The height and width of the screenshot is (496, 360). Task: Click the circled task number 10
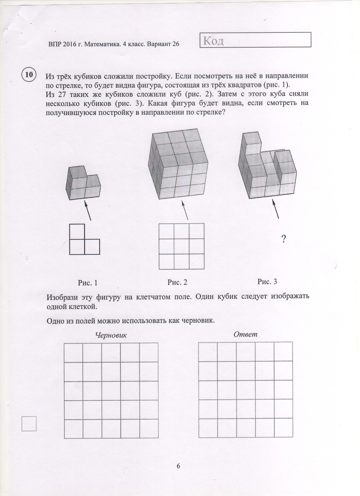click(29, 75)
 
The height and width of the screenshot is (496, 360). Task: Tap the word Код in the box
click(214, 41)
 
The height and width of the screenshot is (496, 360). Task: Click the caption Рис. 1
click(88, 283)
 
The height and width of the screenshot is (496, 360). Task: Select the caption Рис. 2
click(177, 282)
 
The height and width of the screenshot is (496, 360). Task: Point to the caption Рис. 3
click(267, 281)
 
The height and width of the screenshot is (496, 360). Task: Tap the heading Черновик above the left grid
click(111, 335)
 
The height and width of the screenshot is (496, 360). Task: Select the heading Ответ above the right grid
click(246, 334)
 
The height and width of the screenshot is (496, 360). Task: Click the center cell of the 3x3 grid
click(182, 246)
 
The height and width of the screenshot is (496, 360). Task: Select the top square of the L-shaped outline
click(77, 231)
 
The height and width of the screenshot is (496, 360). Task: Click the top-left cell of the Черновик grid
click(73, 352)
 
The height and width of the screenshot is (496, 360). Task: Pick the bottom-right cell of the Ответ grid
click(283, 428)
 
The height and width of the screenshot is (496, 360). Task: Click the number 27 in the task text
click(62, 94)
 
